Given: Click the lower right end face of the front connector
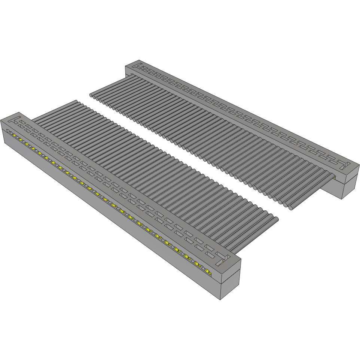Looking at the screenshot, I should coord(229,288).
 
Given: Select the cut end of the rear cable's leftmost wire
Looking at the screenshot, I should coord(91,95).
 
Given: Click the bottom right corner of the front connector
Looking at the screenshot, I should coord(220,300).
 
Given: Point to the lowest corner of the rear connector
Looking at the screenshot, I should coord(343,199).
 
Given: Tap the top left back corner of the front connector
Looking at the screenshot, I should coord(18,112).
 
